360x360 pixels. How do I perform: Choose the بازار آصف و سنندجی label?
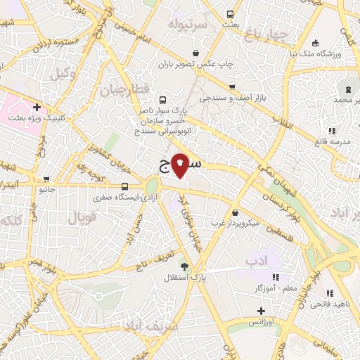[231, 98]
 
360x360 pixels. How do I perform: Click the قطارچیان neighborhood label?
[125, 90]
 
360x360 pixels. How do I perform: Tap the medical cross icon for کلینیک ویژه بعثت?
[37, 108]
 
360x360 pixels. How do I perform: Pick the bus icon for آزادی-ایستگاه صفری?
[124, 186]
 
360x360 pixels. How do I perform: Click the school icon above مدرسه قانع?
[332, 131]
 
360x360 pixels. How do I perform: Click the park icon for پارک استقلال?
[184, 266]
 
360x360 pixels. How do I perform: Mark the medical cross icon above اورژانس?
[261, 310]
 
